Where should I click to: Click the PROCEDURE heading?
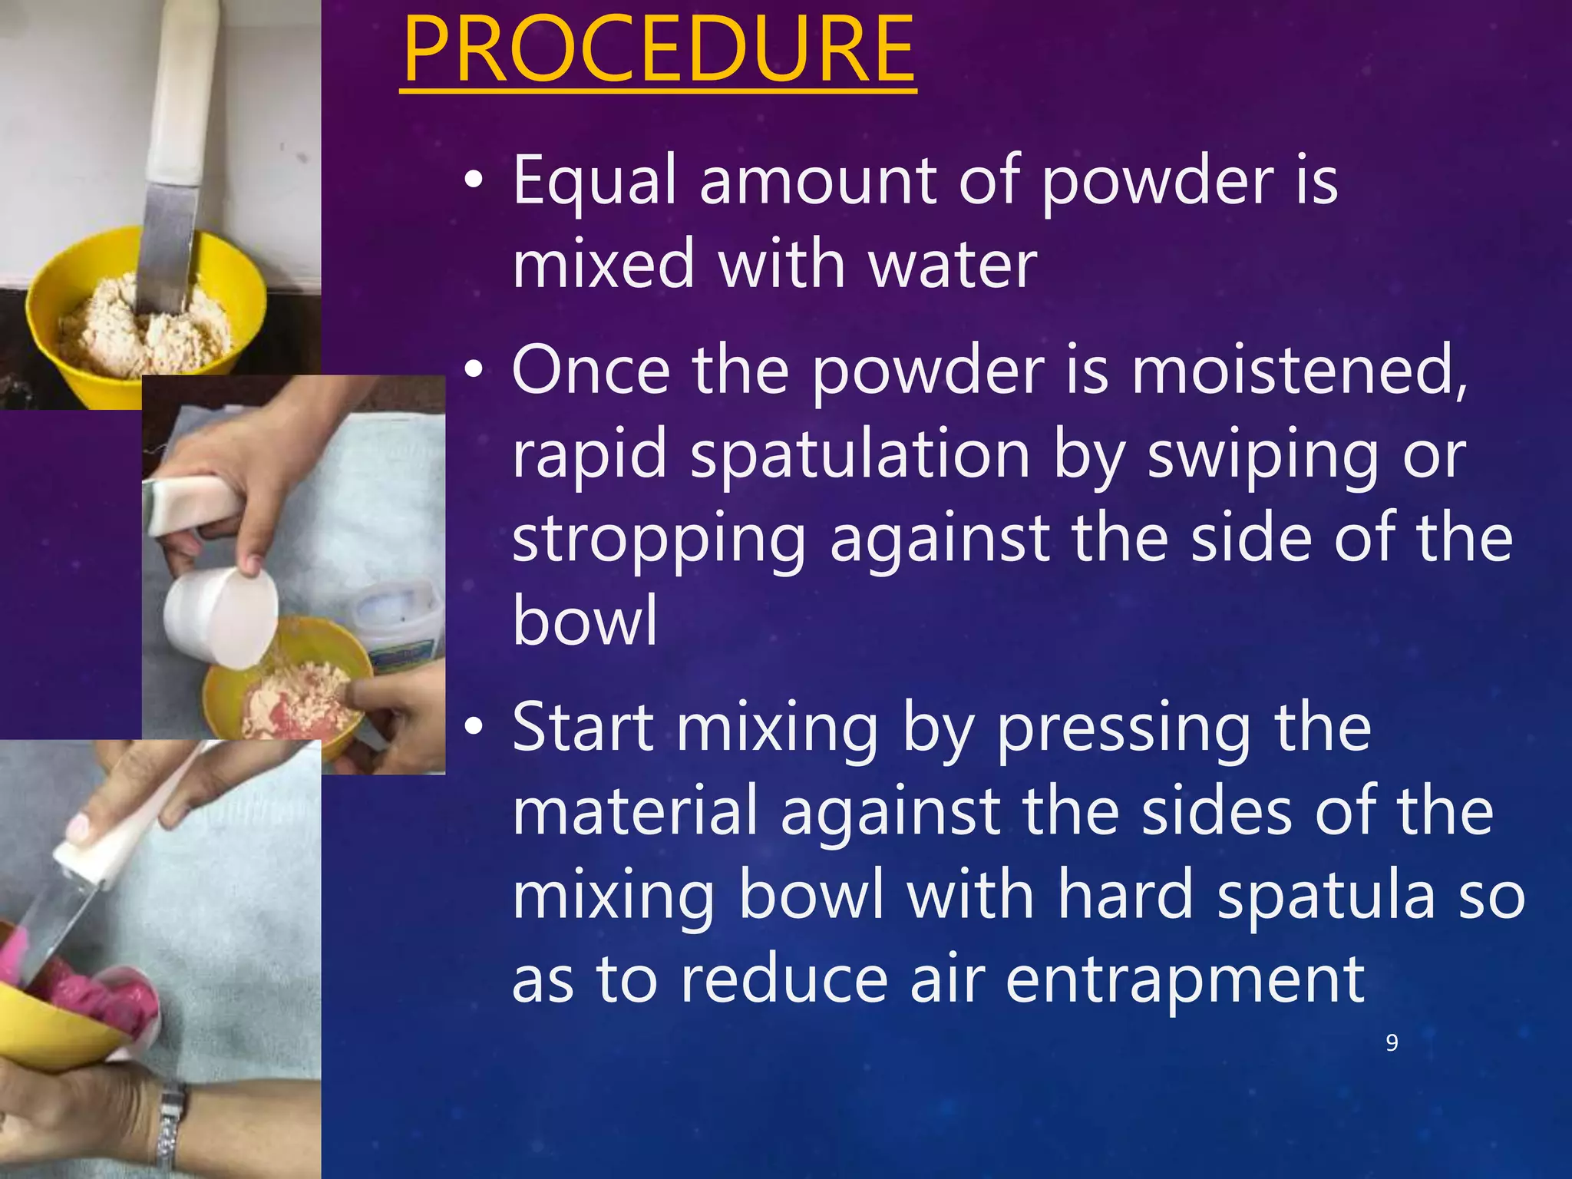click(x=658, y=51)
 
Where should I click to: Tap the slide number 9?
click(x=1392, y=1042)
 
